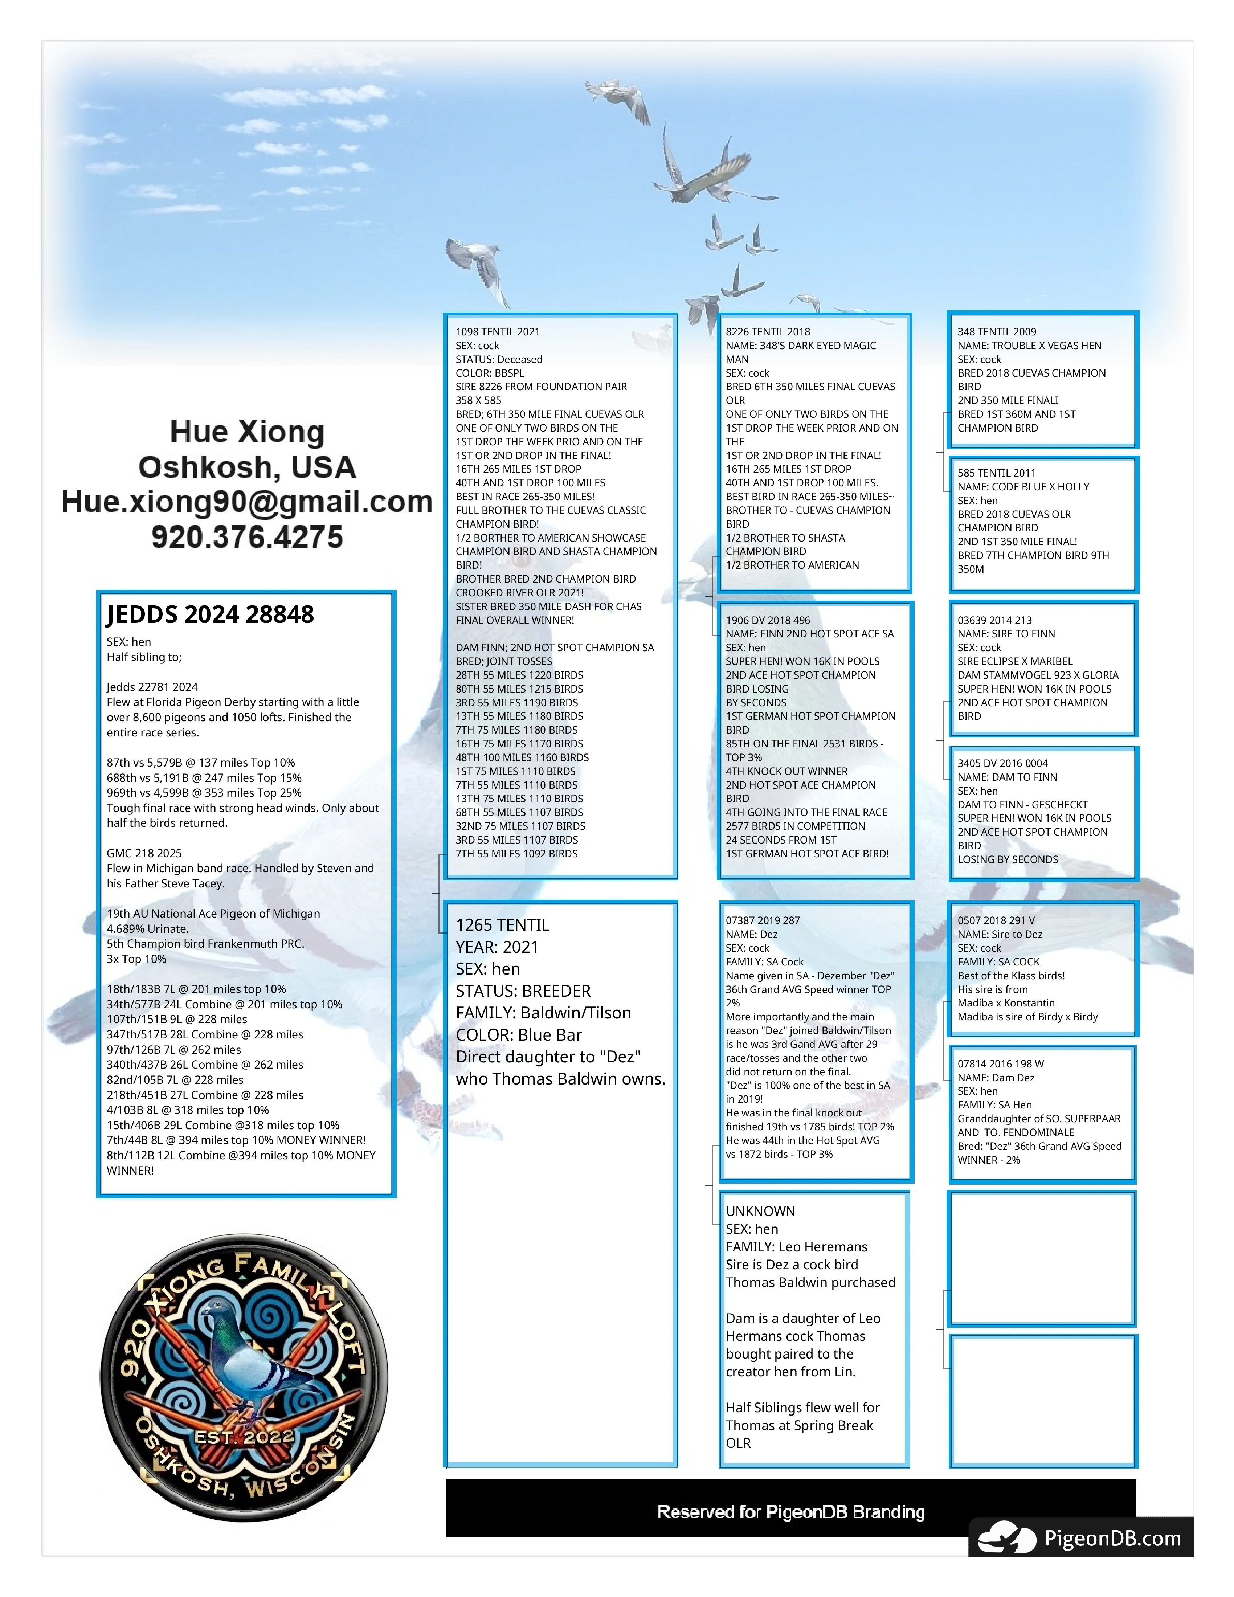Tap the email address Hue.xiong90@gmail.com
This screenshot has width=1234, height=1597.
coord(247,502)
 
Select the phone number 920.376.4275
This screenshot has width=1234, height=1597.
coord(247,537)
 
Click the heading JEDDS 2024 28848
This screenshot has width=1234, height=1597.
coord(211,614)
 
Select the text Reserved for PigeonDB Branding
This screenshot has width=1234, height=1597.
coord(790,1511)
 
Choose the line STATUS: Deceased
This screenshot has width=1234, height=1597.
coord(499,359)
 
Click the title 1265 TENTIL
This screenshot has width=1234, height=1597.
coord(502,925)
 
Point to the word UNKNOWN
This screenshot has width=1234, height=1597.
coord(760,1211)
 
